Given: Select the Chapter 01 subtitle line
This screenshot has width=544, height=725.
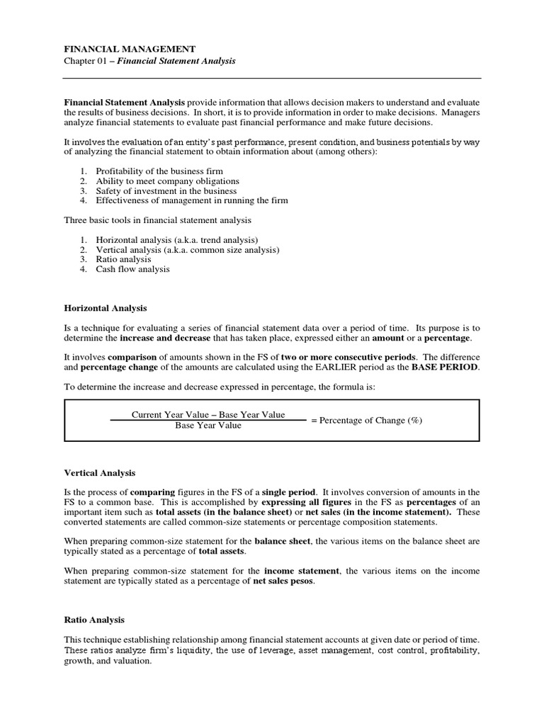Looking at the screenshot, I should click(x=150, y=62).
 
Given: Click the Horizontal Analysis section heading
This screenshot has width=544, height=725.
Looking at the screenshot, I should click(x=106, y=308).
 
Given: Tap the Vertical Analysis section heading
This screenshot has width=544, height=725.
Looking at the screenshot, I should click(x=100, y=472).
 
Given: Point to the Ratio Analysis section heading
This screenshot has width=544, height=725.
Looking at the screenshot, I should click(x=94, y=620).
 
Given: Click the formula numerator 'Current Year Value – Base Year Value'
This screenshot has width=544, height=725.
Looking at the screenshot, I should click(x=208, y=414).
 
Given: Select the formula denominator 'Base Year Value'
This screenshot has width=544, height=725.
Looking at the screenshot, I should click(x=208, y=426).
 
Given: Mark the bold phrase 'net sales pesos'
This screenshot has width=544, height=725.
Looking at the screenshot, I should click(x=286, y=581).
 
